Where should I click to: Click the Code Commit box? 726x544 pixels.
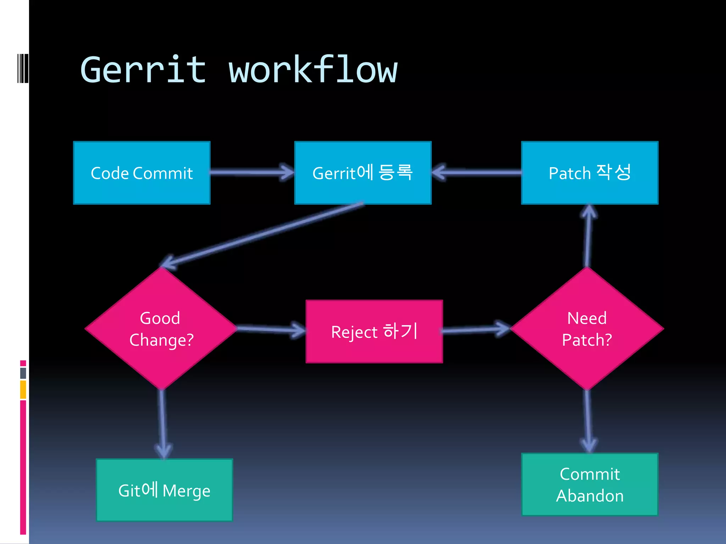pos(141,173)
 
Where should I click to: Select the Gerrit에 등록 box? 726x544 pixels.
pos(363,173)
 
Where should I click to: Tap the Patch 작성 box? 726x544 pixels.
pos(590,173)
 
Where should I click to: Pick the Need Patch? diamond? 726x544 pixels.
pos(587,329)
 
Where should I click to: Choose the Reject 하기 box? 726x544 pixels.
pos(374,331)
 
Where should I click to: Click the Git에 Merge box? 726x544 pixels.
pos(164,490)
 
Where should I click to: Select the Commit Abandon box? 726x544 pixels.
pos(590,484)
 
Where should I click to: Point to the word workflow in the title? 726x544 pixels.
pos(313,70)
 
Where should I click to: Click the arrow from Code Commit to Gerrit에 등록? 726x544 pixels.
pos(252,172)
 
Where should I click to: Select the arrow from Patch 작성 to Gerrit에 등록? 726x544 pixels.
pos(477,172)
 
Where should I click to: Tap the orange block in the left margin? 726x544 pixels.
pos(23,389)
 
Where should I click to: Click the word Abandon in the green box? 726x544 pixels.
pos(590,496)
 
